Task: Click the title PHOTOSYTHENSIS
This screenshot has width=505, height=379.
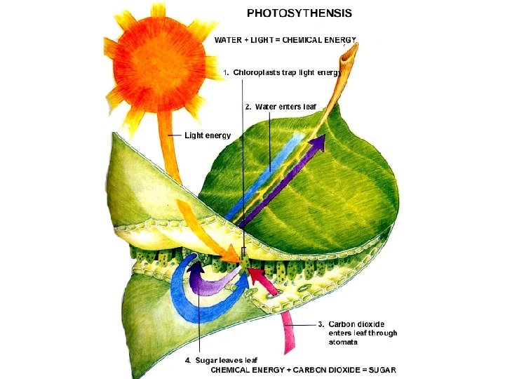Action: (x=299, y=13)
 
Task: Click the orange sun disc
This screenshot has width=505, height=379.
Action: (x=159, y=64)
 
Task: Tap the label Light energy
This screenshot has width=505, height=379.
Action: (x=208, y=135)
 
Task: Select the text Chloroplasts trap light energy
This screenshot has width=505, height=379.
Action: (x=288, y=72)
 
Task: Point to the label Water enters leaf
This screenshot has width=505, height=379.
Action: (x=285, y=107)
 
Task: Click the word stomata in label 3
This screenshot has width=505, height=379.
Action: (x=343, y=342)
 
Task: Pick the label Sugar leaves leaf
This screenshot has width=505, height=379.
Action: (x=226, y=360)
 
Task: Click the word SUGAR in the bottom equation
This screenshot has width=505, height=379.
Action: (x=382, y=370)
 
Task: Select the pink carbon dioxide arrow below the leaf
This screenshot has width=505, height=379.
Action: (x=288, y=332)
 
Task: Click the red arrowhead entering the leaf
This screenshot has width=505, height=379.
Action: (x=257, y=275)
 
